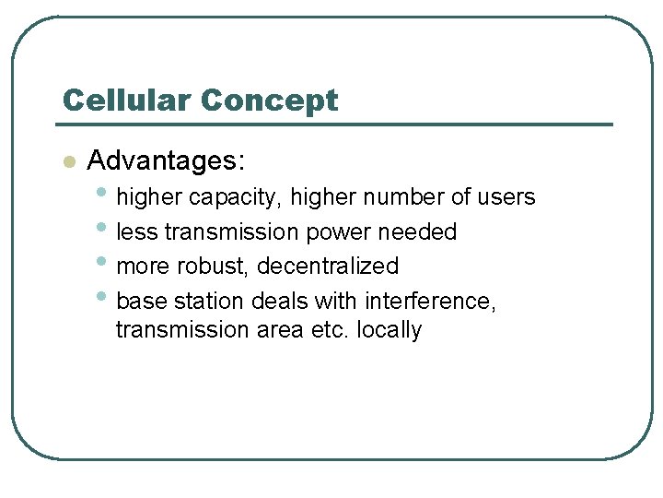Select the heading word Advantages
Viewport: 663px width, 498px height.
(x=166, y=160)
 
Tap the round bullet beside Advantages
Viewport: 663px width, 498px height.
(x=67, y=162)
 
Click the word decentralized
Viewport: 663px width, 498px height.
(x=328, y=267)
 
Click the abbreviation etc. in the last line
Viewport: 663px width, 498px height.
(x=331, y=330)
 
